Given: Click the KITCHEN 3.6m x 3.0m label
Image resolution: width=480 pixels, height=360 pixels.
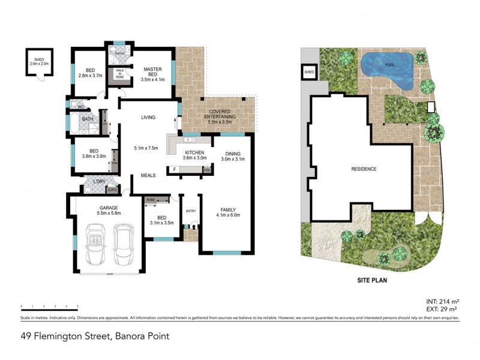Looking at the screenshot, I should point(195,156).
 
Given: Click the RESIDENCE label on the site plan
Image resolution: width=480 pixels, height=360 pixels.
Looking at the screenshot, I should point(364,169).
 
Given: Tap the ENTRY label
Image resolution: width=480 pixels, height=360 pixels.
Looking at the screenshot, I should point(191,211).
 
